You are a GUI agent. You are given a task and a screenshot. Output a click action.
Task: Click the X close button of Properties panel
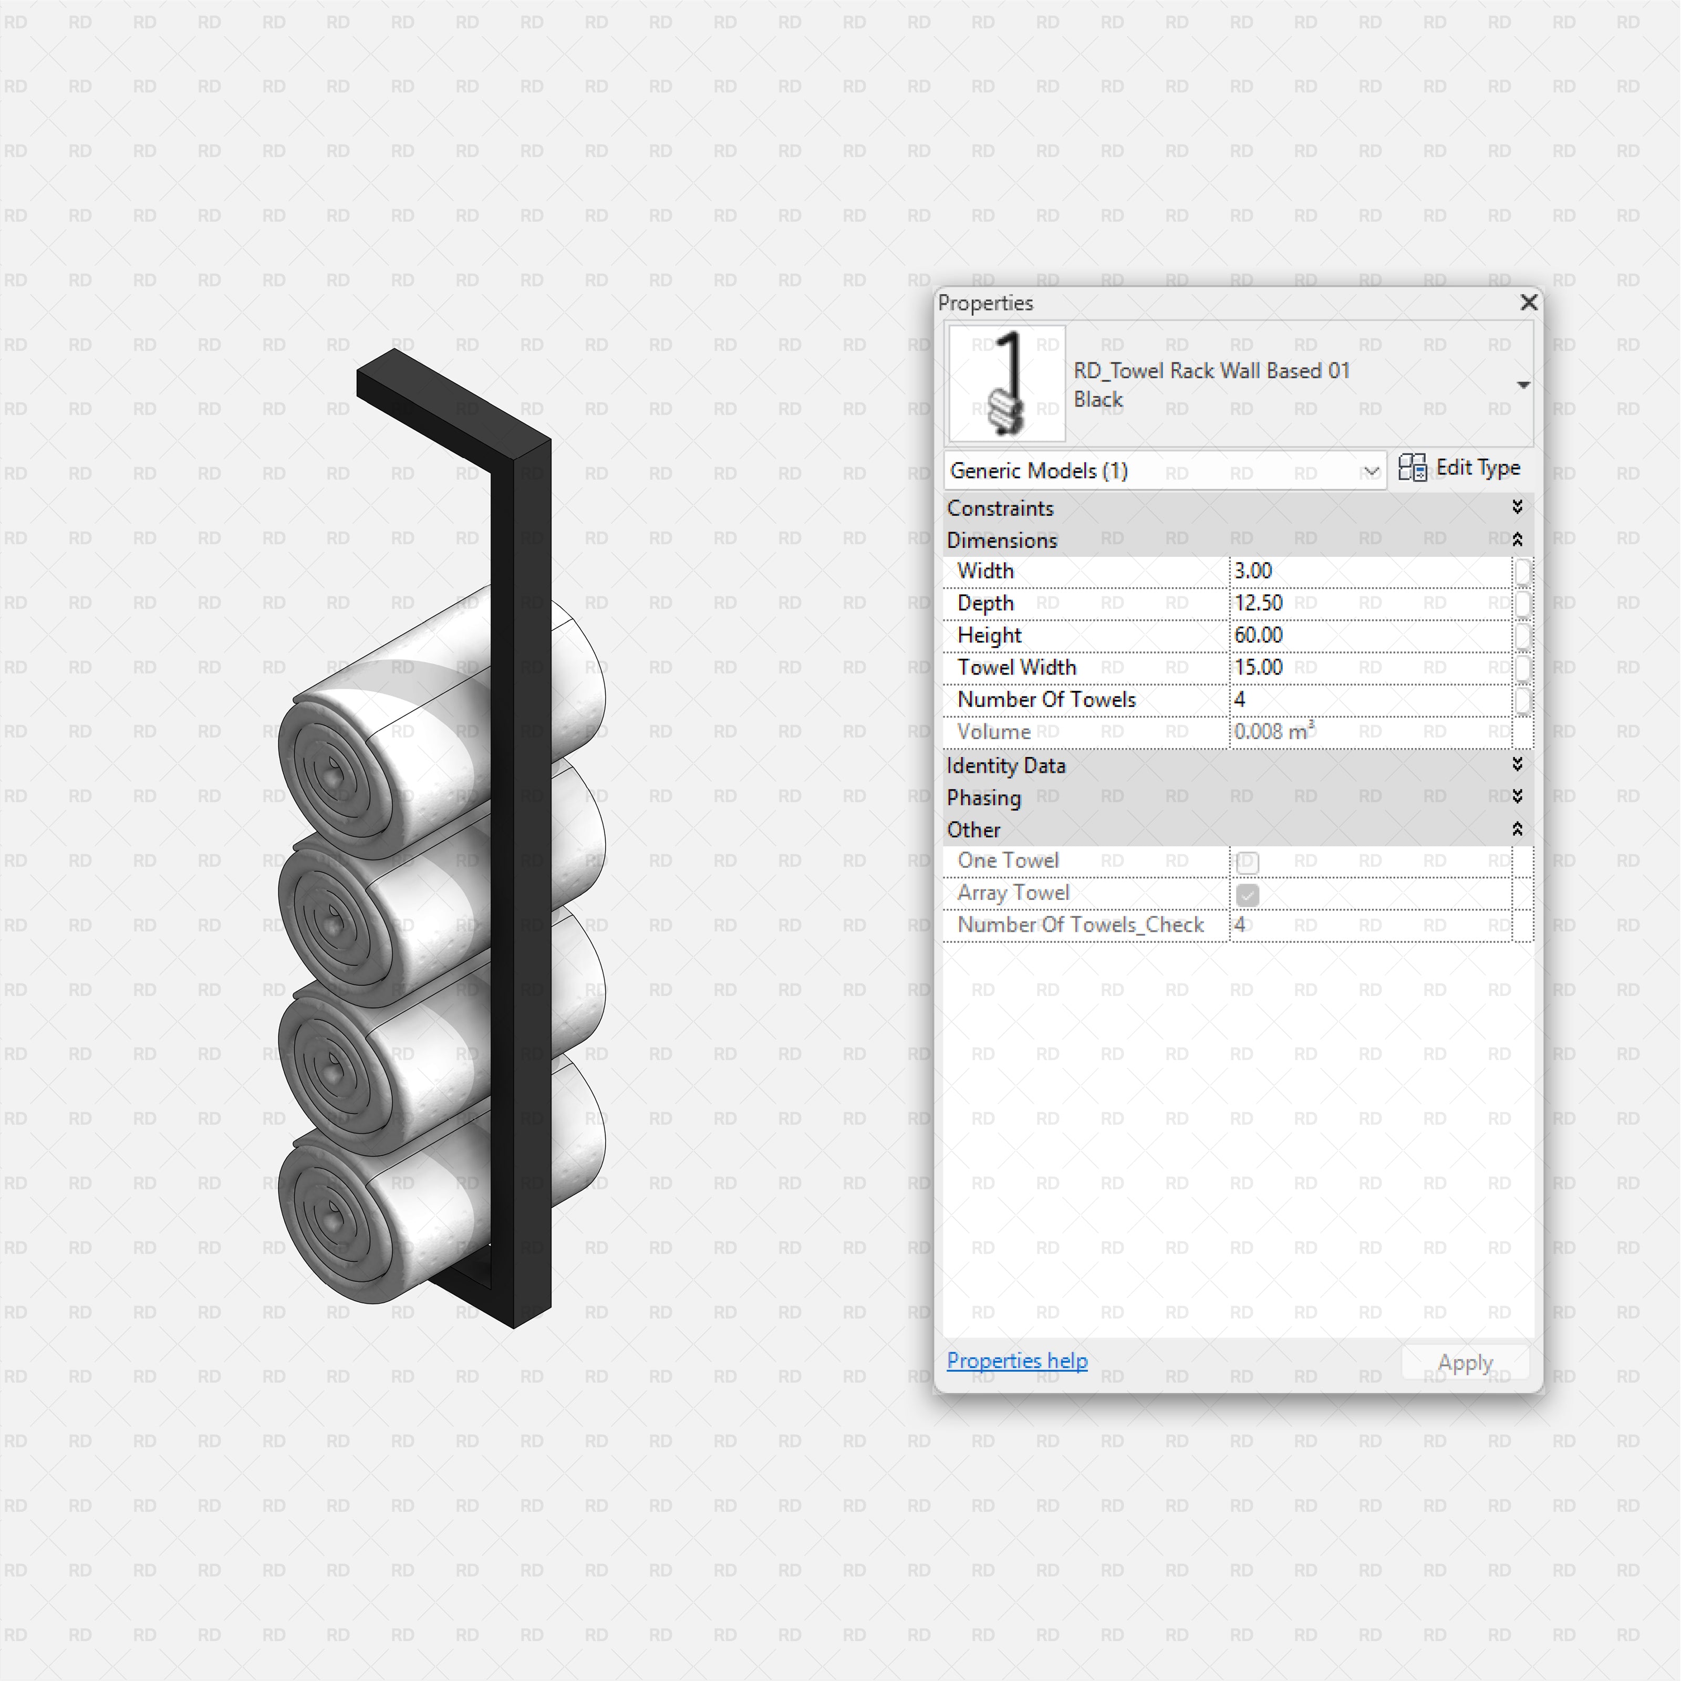coord(1528,302)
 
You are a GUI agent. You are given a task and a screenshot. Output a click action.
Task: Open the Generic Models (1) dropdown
coord(1164,471)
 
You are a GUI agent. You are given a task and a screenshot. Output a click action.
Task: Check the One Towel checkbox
coord(1247,862)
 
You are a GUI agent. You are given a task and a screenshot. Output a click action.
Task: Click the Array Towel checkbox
coord(1247,895)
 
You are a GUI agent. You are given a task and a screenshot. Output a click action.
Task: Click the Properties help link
coord(1016,1361)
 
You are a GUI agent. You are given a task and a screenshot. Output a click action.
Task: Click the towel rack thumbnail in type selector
coord(1006,383)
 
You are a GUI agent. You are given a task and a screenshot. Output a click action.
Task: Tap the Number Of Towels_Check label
coord(1080,925)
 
